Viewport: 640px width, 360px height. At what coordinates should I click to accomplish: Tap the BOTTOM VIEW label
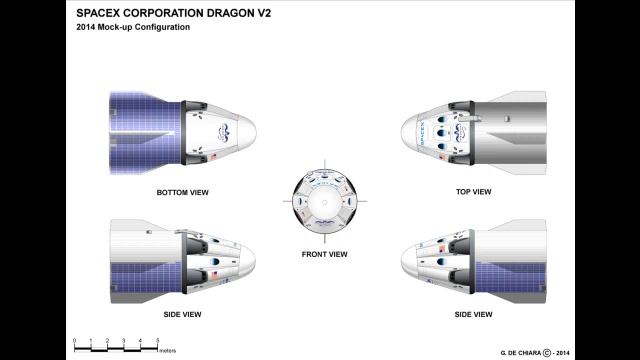[x=182, y=191]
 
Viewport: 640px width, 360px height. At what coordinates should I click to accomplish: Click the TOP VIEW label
[x=473, y=191]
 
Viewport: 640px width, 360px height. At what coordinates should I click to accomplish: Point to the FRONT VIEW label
[x=324, y=254]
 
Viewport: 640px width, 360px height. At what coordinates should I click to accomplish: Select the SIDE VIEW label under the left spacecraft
[x=182, y=314]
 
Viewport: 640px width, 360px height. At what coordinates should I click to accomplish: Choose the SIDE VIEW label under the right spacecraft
[x=473, y=314]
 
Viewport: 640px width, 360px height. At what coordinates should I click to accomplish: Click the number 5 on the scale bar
[x=157, y=341]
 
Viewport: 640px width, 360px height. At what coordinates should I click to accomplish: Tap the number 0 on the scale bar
[x=74, y=341]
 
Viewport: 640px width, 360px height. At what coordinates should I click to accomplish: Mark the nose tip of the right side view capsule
[x=402, y=262]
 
